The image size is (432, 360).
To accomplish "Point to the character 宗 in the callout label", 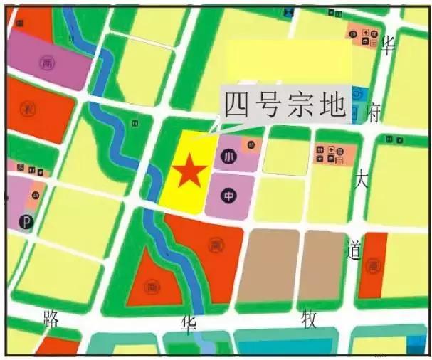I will click(302, 105).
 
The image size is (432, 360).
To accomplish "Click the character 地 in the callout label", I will click(332, 105).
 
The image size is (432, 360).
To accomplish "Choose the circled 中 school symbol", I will click(229, 194).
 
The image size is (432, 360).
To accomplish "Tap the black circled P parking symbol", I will click(26, 222).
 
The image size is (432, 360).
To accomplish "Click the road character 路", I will click(51, 317).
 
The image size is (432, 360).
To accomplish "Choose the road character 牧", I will click(309, 319).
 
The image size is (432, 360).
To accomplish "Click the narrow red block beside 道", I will click(372, 265).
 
